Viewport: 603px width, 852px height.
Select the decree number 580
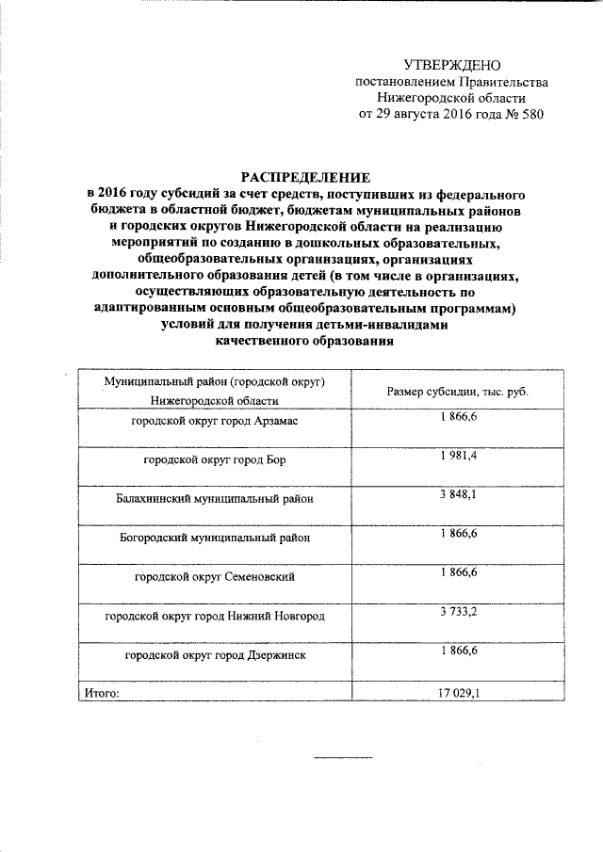point(530,114)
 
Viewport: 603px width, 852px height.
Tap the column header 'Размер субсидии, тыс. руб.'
point(457,392)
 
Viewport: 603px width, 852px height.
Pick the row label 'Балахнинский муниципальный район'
point(214,499)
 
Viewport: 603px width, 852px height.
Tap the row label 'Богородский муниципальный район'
point(214,538)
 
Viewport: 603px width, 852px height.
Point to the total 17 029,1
point(458,693)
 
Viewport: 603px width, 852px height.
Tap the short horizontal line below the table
point(343,758)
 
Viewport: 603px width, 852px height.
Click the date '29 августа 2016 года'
point(421,114)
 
